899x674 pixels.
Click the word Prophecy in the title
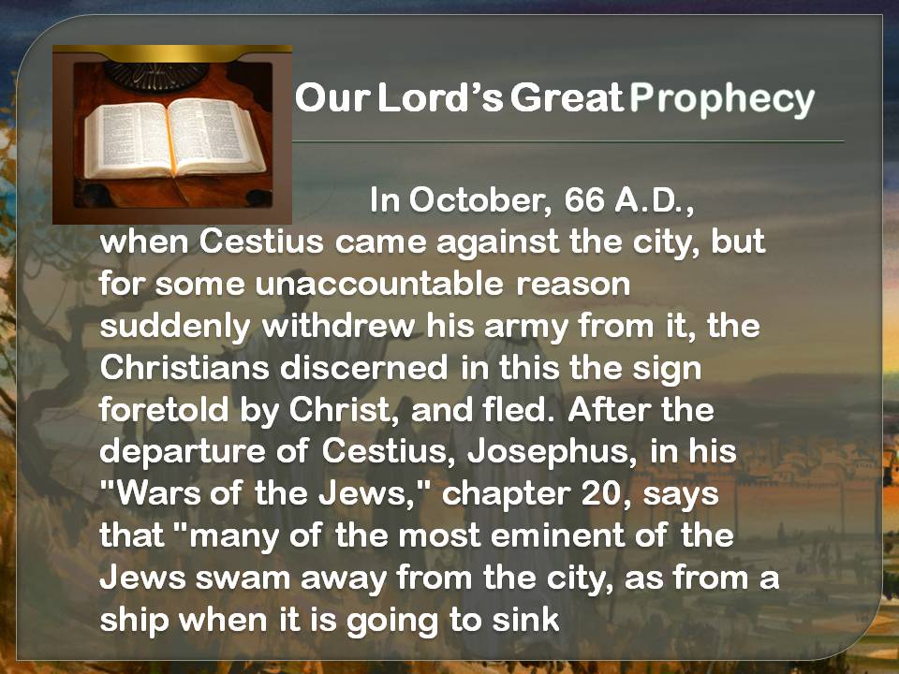coord(722,100)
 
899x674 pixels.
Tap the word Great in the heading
coord(567,96)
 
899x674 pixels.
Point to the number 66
coord(584,199)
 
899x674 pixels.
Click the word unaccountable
coord(379,284)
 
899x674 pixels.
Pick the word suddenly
coord(175,327)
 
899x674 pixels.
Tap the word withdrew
coord(338,326)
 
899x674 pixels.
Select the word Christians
coord(184,367)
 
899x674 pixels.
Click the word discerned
coord(364,367)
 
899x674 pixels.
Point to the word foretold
coord(164,409)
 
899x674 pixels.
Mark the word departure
coord(183,452)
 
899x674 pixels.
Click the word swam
coord(243,578)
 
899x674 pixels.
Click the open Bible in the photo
coord(175,138)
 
